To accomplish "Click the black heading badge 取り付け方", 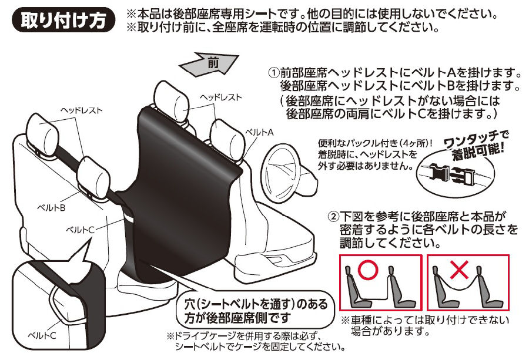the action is click(x=63, y=19).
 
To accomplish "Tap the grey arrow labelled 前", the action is click(x=209, y=63).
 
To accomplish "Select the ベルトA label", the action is click(x=259, y=133).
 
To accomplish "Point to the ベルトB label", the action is click(x=51, y=208).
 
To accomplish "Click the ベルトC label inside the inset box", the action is click(x=42, y=335).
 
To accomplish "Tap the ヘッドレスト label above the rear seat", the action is click(x=81, y=110).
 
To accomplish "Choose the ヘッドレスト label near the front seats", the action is click(x=221, y=97).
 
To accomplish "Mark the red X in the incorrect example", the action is click(x=459, y=270).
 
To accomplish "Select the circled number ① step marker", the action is click(x=273, y=72).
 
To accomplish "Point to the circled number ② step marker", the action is click(x=333, y=216).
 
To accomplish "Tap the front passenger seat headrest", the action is click(x=171, y=101).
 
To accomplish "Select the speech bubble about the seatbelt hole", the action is click(x=256, y=311).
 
